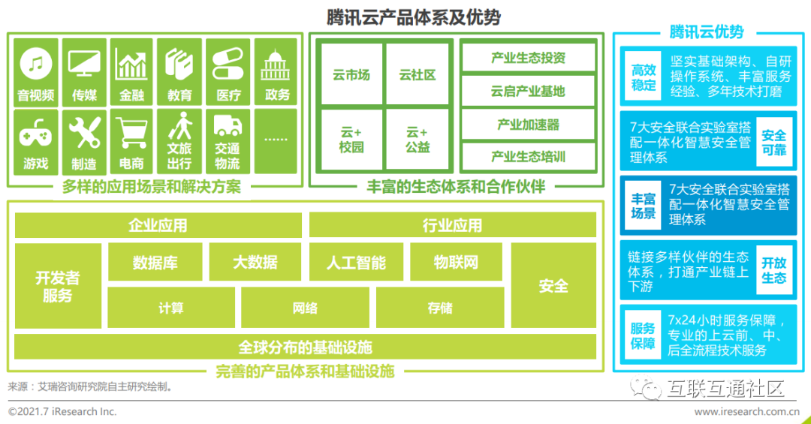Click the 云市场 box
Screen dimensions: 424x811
click(351, 75)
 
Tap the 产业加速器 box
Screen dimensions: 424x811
click(528, 125)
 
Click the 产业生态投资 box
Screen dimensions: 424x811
click(528, 58)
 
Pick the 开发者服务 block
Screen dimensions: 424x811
click(58, 286)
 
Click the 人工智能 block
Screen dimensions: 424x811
click(356, 262)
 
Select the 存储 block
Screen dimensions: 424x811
click(440, 308)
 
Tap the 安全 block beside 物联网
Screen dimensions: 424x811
click(553, 285)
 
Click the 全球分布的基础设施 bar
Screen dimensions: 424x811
click(305, 347)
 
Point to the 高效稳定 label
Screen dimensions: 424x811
click(643, 77)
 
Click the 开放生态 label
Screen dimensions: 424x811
click(773, 270)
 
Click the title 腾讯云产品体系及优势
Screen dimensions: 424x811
click(413, 17)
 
